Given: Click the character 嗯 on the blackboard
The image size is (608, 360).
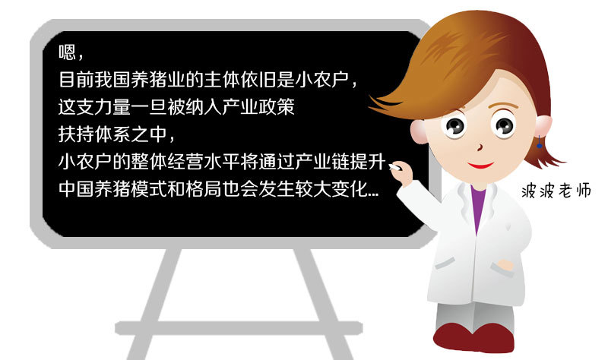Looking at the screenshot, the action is (x=67, y=52).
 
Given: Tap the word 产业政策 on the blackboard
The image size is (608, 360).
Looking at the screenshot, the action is (x=258, y=106).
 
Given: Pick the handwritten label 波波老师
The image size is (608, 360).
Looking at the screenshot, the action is (x=556, y=191).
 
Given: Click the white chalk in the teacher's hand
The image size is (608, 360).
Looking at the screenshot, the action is (x=394, y=167).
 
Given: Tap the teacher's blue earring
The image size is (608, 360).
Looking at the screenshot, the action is (x=539, y=142).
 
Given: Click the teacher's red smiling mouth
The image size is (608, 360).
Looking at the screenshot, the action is (x=480, y=166).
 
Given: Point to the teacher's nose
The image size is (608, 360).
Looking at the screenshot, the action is (x=480, y=147).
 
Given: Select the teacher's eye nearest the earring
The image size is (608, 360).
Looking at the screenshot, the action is (x=504, y=125).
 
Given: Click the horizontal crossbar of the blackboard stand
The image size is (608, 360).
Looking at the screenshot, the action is (x=239, y=328).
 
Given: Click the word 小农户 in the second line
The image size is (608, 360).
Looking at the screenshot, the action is (x=321, y=79).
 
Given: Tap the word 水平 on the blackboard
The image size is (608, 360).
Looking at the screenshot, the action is (x=222, y=162).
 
